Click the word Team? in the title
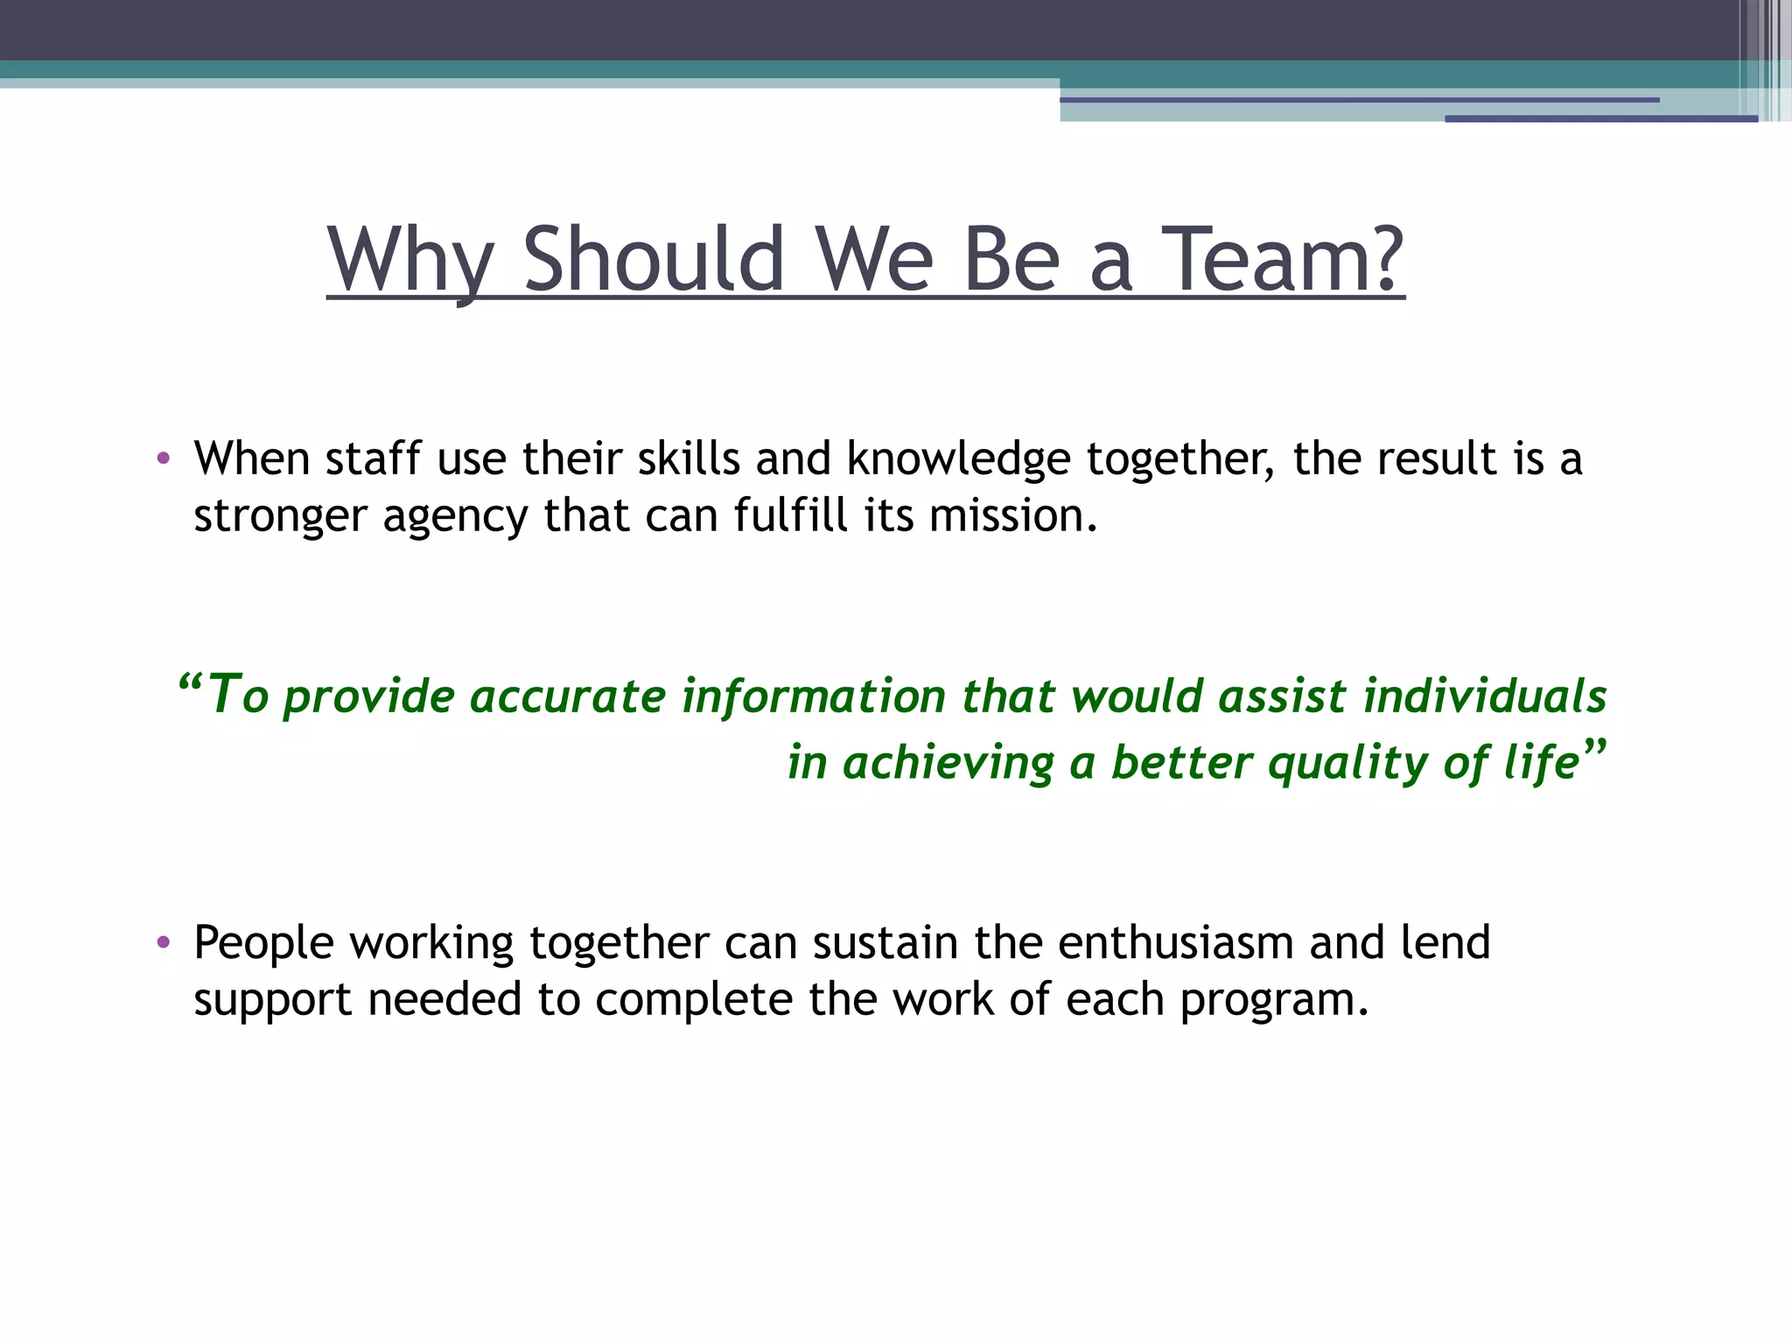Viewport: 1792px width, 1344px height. pyautogui.click(x=1286, y=260)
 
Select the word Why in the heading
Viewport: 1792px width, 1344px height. pyautogui.click(x=411, y=260)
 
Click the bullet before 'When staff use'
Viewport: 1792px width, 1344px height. pyautogui.click(x=163, y=459)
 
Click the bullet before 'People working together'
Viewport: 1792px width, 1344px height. pyautogui.click(x=163, y=943)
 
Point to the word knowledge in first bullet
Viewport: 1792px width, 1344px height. pyautogui.click(x=958, y=459)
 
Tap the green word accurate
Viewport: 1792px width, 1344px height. pyautogui.click(x=568, y=696)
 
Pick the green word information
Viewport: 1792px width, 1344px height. pyautogui.click(x=814, y=696)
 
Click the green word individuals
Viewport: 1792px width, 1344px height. pyautogui.click(x=1485, y=696)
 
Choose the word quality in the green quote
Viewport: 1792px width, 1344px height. pyautogui.click(x=1347, y=763)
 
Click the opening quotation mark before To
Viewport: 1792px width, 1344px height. pyautogui.click(x=190, y=682)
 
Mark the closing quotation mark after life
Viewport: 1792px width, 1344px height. pyautogui.click(x=1594, y=749)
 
